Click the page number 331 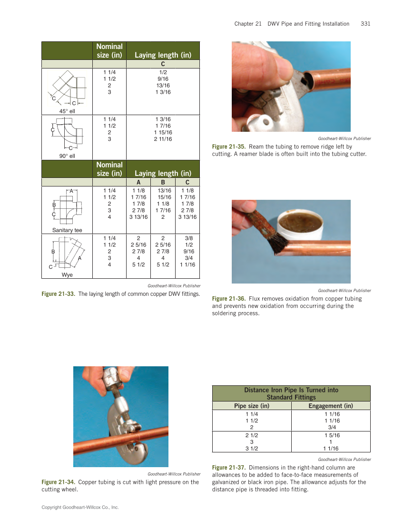(x=365, y=24)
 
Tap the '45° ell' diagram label (x=67, y=111)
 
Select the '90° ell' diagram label (x=67, y=156)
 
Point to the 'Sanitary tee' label (x=67, y=230)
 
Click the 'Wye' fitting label (x=67, y=274)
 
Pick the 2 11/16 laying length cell (x=163, y=139)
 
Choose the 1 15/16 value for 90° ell (x=163, y=132)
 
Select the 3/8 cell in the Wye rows (x=187, y=238)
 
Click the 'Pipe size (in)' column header (x=251, y=406)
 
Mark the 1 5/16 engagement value (x=332, y=435)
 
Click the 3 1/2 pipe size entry (x=251, y=448)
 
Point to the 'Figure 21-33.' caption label (x=59, y=294)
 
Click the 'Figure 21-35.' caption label (x=229, y=147)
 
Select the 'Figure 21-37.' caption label (x=229, y=468)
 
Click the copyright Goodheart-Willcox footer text (x=80, y=508)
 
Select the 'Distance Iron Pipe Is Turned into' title (x=291, y=390)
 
